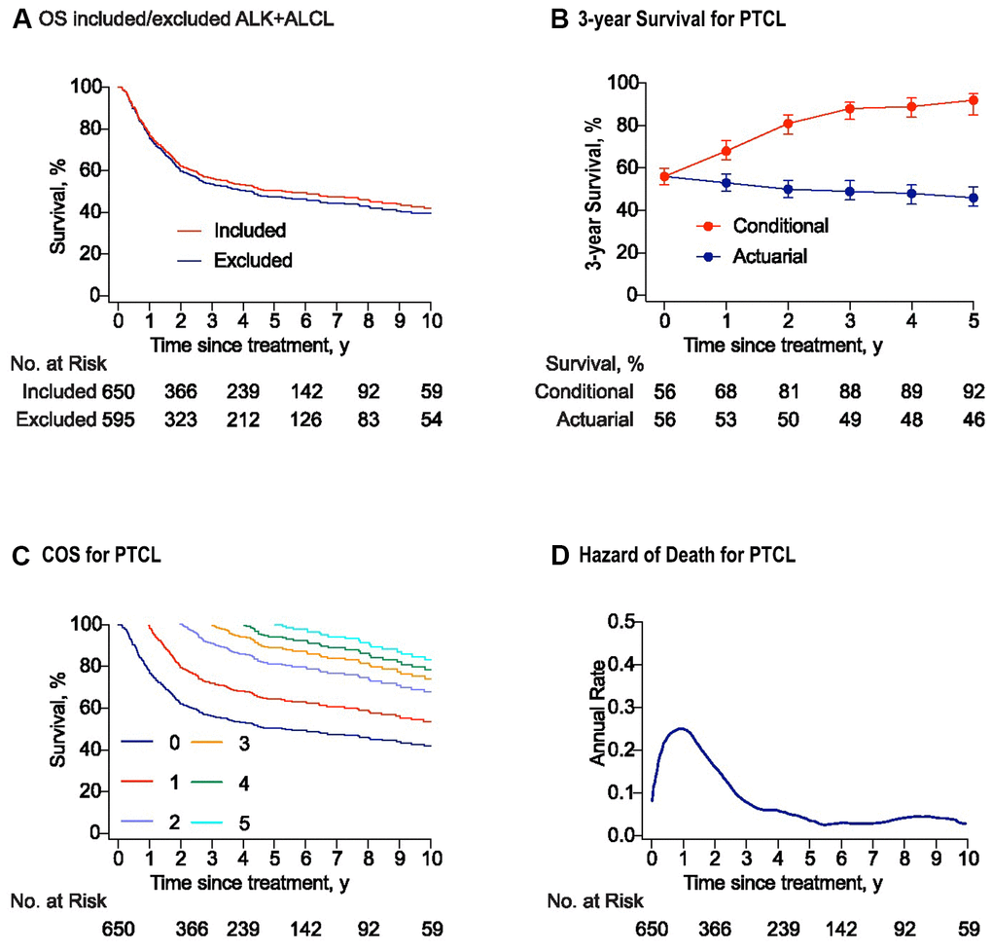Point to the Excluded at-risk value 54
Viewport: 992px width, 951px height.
click(x=431, y=420)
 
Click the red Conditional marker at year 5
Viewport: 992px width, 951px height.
click(x=974, y=100)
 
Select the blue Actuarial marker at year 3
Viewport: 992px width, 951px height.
click(x=849, y=191)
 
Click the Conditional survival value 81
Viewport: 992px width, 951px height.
click(x=788, y=392)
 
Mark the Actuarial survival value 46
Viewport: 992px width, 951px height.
click(x=974, y=420)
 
